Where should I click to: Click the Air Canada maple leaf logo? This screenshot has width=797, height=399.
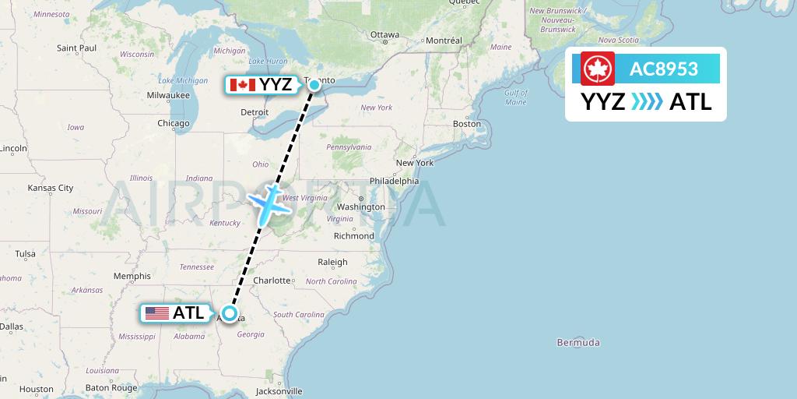[x=598, y=69]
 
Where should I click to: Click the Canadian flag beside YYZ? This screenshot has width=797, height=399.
[x=243, y=85]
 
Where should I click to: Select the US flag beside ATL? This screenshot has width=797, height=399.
[x=157, y=313]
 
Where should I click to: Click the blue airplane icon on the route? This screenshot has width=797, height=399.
[x=268, y=202]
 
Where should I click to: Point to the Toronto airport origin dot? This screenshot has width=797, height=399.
[x=314, y=84]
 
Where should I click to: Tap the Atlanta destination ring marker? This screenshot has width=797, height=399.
[x=229, y=313]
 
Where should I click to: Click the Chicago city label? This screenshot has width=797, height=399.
[x=173, y=123]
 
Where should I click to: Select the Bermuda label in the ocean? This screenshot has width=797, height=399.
[x=578, y=342]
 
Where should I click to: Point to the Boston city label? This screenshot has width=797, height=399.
[x=467, y=124]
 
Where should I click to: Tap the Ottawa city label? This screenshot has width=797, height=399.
[x=384, y=35]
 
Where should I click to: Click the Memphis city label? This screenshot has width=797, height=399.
[x=132, y=276]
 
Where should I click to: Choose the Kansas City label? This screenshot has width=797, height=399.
[x=50, y=188]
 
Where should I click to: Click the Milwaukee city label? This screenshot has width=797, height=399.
[x=168, y=95]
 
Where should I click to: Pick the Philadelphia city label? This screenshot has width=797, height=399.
[x=394, y=181]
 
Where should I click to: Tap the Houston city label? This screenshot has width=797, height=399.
[x=37, y=389]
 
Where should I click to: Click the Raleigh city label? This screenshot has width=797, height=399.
[x=332, y=262]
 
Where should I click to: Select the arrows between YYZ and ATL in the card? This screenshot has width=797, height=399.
[x=647, y=101]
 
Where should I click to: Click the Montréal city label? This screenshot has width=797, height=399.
[x=444, y=41]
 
